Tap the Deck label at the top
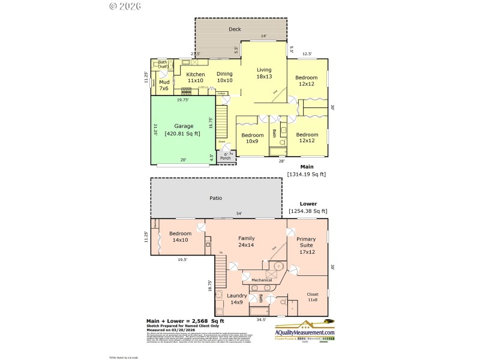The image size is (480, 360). pyautogui.click(x=235, y=29)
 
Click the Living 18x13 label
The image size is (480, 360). pyautogui.click(x=264, y=73)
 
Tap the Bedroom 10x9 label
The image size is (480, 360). pyautogui.click(x=253, y=139)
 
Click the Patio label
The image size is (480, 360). pyautogui.click(x=216, y=198)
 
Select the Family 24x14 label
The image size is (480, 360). pyautogui.click(x=247, y=242)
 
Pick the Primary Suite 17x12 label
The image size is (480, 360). pyautogui.click(x=307, y=245)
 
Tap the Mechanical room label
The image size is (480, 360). pyautogui.click(x=261, y=280)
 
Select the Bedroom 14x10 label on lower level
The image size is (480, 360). pyautogui.click(x=180, y=237)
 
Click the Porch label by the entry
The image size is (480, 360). pyautogui.click(x=225, y=158)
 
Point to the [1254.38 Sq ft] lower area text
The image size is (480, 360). pyautogui.click(x=308, y=211)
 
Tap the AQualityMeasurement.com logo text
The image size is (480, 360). pyautogui.click(x=304, y=332)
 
